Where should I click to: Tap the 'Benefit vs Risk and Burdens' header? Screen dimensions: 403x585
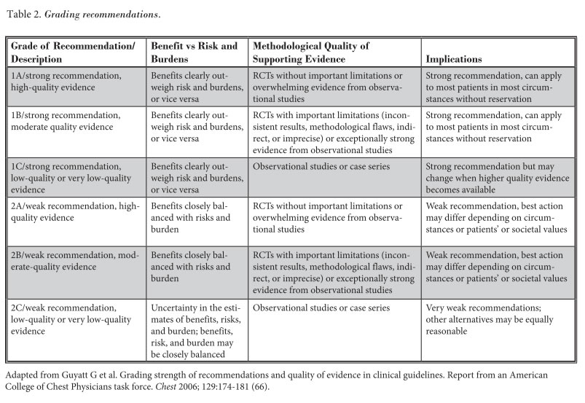194,52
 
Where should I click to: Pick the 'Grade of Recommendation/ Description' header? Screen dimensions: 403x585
73,52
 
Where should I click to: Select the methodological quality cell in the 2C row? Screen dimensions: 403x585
319,308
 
